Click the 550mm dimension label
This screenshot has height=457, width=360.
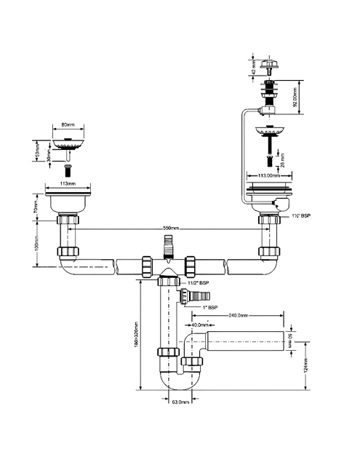169,228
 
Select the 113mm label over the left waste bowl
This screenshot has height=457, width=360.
68,184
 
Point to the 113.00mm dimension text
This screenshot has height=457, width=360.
268,176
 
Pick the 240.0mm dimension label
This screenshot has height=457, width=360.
237,316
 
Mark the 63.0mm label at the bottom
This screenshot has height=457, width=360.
180,402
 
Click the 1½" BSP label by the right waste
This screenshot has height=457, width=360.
300,217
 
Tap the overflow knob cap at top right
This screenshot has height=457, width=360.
268,66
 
